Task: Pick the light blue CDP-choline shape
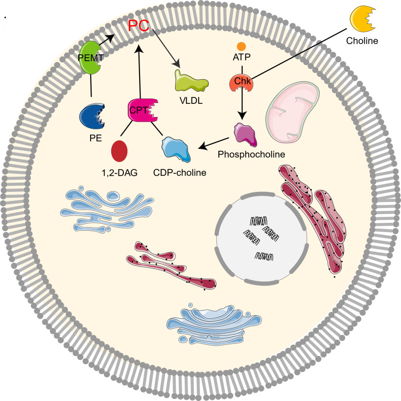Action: coord(177,149)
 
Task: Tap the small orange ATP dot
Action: coord(241,47)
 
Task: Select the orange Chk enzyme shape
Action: coord(241,83)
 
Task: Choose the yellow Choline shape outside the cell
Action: coord(363,19)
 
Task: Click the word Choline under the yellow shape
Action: coord(362,41)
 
